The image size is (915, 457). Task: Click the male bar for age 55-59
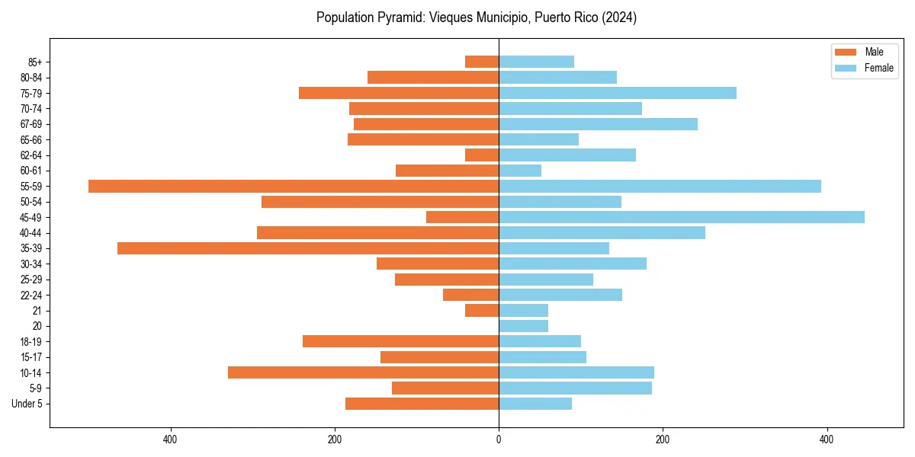point(294,186)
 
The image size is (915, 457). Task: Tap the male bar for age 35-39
point(308,248)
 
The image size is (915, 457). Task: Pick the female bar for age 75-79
point(617,93)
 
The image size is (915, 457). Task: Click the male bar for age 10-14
point(363,372)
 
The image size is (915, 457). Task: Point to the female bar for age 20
point(523,326)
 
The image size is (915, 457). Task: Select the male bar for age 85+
point(482,62)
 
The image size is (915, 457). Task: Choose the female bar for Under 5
point(535,404)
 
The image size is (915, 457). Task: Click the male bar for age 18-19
point(400,341)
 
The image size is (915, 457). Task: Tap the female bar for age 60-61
point(519,171)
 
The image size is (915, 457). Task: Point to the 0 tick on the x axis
point(499,439)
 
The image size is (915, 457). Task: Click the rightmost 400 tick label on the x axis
point(827,439)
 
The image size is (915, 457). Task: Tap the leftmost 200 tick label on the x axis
point(334,439)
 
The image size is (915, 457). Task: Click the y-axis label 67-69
point(31,124)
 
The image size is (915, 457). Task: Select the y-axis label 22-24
point(31,295)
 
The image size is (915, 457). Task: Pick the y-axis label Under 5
point(27,404)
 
